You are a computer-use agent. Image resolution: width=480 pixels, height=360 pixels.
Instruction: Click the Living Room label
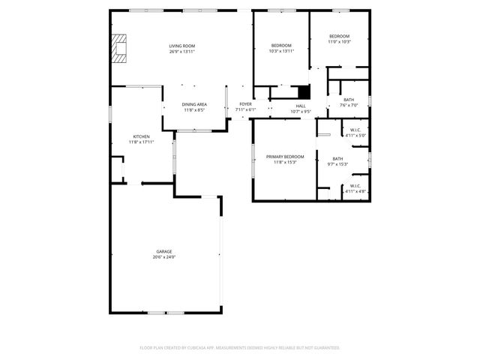click(x=181, y=46)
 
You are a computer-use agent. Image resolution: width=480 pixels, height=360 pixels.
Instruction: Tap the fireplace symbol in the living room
click(x=118, y=48)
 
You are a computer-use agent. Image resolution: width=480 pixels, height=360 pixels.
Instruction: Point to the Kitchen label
click(x=141, y=136)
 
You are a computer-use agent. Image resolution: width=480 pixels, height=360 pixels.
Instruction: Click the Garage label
click(x=163, y=251)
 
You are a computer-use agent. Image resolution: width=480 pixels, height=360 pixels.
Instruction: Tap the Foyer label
click(x=245, y=104)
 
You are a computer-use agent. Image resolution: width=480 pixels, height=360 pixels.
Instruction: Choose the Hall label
click(x=300, y=106)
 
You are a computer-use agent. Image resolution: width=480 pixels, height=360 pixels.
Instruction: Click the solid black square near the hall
click(x=304, y=91)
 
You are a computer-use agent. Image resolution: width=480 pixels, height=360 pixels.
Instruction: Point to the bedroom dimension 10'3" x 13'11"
click(x=281, y=51)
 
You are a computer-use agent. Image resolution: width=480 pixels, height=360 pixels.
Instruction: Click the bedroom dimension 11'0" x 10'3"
click(x=340, y=41)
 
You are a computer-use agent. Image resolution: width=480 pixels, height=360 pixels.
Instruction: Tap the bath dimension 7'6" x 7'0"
click(x=349, y=105)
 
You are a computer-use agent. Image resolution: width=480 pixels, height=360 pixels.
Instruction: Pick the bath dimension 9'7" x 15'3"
click(x=337, y=163)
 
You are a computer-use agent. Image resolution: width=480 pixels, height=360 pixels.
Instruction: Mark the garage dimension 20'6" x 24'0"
click(x=163, y=256)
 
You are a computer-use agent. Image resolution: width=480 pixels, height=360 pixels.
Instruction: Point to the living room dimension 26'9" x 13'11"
click(x=181, y=52)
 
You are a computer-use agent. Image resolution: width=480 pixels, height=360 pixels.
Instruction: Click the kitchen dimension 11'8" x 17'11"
click(x=141, y=142)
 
